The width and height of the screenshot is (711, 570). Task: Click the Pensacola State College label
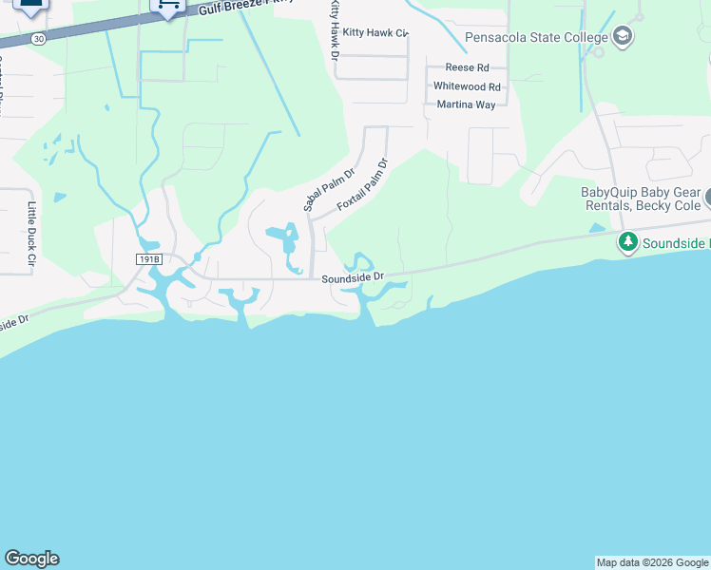tap(536, 38)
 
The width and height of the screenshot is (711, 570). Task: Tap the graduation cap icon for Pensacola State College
tap(623, 38)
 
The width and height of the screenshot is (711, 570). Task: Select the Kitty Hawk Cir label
tap(375, 33)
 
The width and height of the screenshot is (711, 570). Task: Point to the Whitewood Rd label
tap(467, 86)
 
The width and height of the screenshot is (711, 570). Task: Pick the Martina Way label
tap(466, 104)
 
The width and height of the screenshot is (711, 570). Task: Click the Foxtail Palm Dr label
tap(363, 184)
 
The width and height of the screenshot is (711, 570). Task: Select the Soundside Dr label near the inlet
tap(352, 277)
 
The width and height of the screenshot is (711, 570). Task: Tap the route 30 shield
tap(37, 39)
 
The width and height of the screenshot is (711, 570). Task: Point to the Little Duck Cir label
tap(31, 232)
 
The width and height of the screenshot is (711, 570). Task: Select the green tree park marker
tap(627, 243)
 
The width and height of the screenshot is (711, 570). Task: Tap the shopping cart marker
tap(168, 6)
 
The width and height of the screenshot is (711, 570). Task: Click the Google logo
tap(31, 559)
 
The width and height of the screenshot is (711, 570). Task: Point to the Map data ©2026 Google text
tap(652, 562)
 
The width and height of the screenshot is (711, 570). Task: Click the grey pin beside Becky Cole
tap(707, 199)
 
